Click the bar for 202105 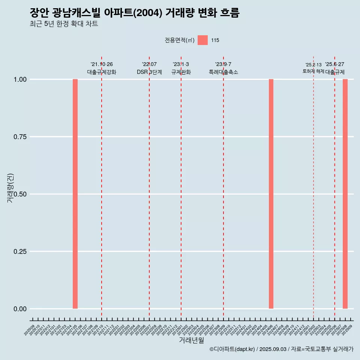[x=75, y=194]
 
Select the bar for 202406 [x=271, y=194]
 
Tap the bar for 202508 [x=345, y=194]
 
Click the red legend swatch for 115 [x=202, y=40]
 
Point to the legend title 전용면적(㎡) [x=180, y=40]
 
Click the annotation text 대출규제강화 [x=102, y=72]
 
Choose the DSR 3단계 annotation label [x=149, y=72]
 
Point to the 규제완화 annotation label [x=181, y=72]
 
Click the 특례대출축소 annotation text [x=223, y=72]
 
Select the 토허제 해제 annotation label [x=313, y=71]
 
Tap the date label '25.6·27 [x=334, y=64]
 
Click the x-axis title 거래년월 [x=192, y=340]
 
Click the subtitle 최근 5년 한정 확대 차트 [x=64, y=24]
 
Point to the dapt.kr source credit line [x=281, y=349]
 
